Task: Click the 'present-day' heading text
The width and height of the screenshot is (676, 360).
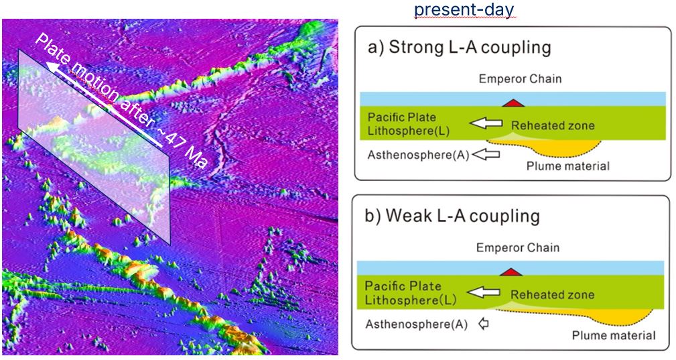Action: click(464, 9)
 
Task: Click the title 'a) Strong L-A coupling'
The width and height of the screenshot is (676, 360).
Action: click(459, 47)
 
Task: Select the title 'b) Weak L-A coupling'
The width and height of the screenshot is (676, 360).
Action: click(452, 216)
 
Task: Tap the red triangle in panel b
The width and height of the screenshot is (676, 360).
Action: click(511, 272)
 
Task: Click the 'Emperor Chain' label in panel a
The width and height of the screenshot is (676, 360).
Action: click(521, 79)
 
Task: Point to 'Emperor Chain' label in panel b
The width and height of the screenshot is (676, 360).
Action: click(518, 248)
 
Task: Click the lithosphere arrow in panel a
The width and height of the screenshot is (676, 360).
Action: click(486, 124)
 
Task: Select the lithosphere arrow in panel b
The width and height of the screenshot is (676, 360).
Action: click(484, 293)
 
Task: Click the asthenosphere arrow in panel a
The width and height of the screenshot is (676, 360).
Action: click(486, 154)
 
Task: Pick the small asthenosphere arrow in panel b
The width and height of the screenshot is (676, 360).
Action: click(484, 323)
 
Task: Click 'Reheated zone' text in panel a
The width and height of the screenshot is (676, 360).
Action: click(553, 126)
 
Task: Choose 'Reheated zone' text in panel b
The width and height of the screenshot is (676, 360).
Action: click(552, 295)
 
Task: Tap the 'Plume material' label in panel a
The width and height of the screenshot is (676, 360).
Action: click(568, 166)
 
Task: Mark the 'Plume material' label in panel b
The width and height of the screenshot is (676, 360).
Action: click(614, 335)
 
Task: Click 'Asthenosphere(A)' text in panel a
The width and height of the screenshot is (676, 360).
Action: click(418, 156)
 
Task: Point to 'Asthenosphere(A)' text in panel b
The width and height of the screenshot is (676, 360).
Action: click(417, 324)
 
